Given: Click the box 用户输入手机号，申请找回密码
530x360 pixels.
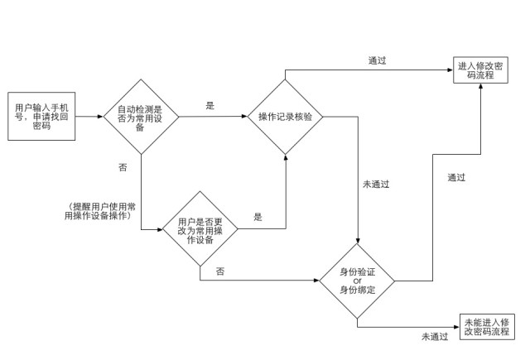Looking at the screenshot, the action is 41,116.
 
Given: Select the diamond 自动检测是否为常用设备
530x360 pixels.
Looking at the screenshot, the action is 141,117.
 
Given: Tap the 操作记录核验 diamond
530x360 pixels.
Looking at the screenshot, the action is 285,117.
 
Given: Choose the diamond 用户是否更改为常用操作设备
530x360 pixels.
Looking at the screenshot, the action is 200,229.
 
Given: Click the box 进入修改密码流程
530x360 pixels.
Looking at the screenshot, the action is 480,70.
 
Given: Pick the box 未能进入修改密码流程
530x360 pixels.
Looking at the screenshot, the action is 487,327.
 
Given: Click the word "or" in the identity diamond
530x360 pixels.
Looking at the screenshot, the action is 357,281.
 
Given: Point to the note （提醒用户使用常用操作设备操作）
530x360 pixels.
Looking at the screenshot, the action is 100,211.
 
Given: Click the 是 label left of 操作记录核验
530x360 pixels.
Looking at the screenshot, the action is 210,106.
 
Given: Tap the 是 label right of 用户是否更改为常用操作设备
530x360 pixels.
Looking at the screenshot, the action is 258,217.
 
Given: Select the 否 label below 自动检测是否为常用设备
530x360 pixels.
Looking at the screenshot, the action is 123,167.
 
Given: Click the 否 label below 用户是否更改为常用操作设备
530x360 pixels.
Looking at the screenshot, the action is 220,271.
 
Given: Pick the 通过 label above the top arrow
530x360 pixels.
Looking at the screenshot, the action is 377,60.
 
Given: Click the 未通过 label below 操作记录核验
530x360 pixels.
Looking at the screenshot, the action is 376,185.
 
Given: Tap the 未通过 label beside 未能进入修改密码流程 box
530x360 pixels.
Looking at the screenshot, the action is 435,336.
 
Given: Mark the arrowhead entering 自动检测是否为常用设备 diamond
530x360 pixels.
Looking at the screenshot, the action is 100,117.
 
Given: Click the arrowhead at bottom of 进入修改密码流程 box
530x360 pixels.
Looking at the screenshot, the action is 480,86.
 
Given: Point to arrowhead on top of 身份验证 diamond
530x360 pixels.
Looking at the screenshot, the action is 357,241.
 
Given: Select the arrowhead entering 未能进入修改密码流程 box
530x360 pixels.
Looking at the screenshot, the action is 456,327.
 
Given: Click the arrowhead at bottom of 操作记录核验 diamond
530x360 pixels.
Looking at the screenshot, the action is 286,158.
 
